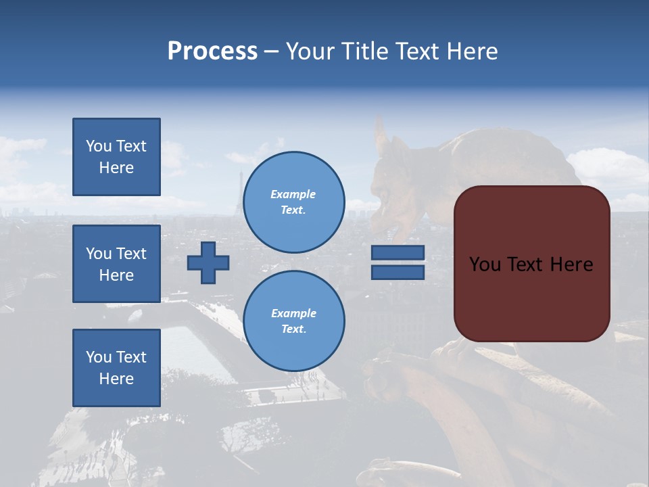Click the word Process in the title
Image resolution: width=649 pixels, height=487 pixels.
(212, 51)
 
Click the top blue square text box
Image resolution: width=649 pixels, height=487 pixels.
(116, 157)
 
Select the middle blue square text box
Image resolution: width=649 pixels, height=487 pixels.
(116, 264)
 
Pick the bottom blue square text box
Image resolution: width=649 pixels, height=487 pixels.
(116, 368)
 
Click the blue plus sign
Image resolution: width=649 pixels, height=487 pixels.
(208, 262)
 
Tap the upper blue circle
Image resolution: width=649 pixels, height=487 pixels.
(293, 202)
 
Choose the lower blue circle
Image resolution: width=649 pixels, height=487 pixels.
(293, 321)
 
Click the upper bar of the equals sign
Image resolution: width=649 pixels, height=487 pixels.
(398, 252)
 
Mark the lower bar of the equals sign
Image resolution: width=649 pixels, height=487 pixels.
(398, 272)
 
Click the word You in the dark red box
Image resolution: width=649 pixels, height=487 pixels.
(485, 264)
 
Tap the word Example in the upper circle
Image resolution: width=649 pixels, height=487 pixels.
(293, 194)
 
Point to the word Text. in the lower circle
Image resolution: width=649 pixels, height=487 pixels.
(293, 329)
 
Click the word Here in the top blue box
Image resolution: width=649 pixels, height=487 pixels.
(116, 168)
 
